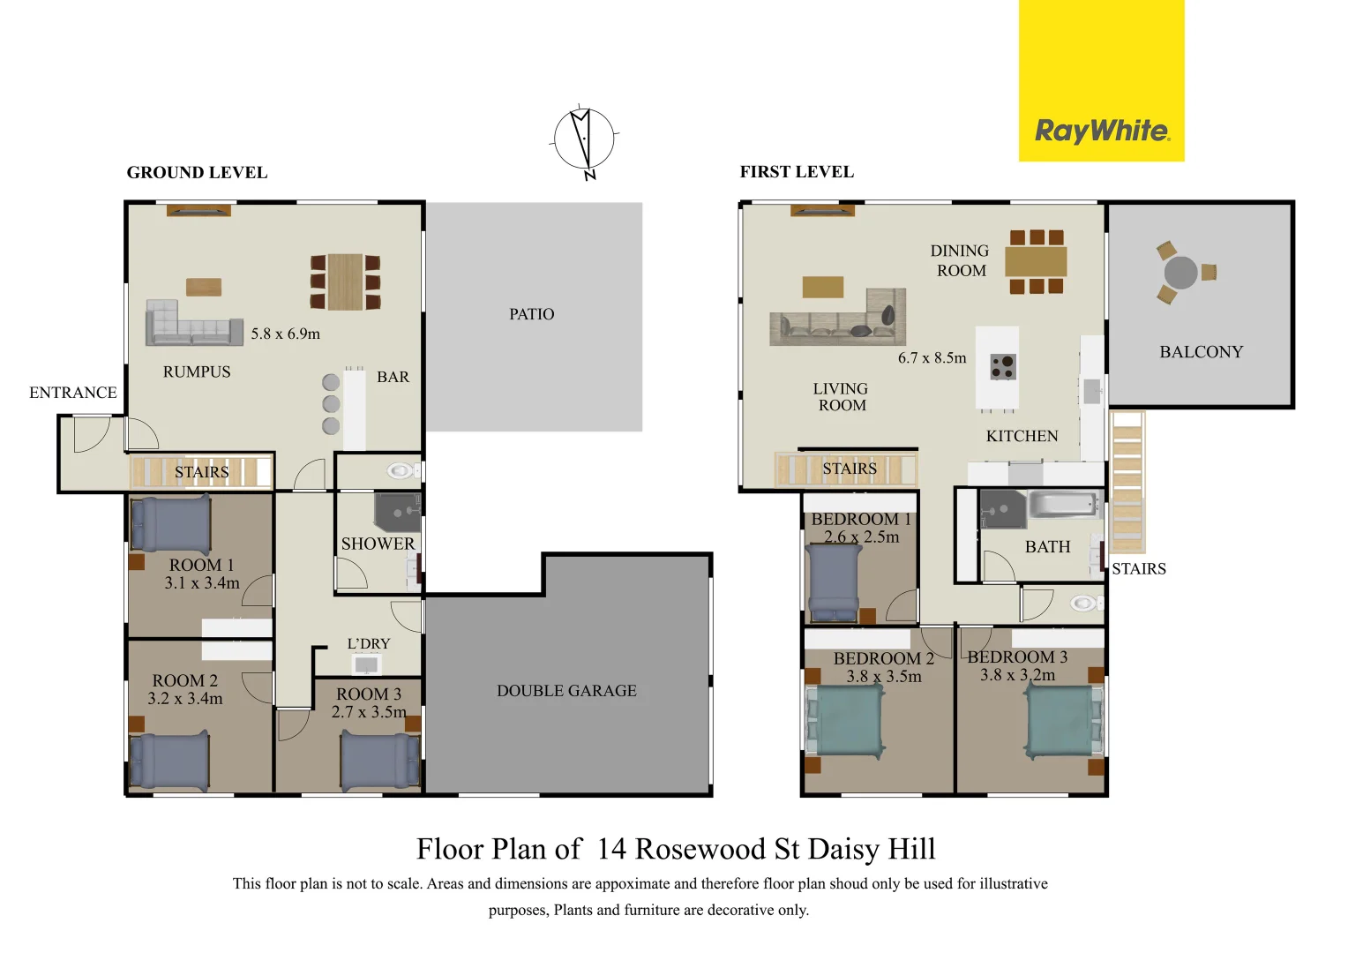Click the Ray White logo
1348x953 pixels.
(1101, 131)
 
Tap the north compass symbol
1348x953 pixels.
(583, 139)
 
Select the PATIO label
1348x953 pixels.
(531, 314)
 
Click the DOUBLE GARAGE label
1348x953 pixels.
(566, 691)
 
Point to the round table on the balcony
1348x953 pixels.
(1180, 273)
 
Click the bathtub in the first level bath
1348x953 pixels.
(1062, 506)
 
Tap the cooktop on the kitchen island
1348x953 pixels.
(1002, 366)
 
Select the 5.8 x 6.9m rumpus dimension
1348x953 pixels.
(285, 334)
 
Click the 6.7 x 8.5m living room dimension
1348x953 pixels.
(932, 358)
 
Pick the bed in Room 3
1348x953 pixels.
(380, 762)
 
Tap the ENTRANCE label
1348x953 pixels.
(73, 393)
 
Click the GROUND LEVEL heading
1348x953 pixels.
(197, 173)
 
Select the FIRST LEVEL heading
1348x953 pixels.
(797, 172)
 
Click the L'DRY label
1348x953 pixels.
(368, 644)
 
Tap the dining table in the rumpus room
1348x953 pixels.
(345, 281)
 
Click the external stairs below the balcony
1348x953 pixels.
(1127, 480)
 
